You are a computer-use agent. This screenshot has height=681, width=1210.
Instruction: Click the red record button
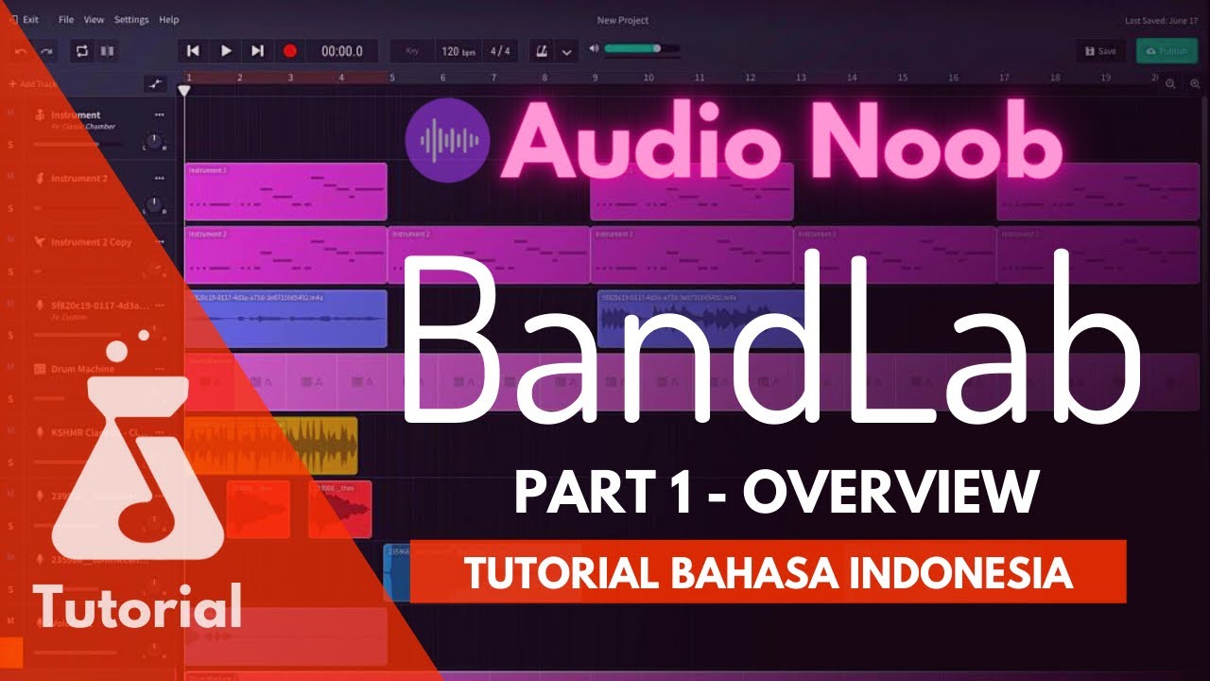pyautogui.click(x=290, y=51)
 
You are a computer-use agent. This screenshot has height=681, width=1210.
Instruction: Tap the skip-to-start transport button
pyautogui.click(x=193, y=51)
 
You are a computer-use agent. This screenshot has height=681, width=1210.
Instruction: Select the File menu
pyautogui.click(x=66, y=20)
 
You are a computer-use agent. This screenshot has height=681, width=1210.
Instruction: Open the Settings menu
pyautogui.click(x=131, y=20)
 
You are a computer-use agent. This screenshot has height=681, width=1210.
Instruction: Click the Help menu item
pyautogui.click(x=168, y=20)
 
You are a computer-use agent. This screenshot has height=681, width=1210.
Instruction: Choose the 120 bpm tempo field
pyautogui.click(x=458, y=51)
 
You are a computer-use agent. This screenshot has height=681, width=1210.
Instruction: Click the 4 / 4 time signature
pyautogui.click(x=500, y=51)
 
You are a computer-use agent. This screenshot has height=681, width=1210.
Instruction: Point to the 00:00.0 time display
pyautogui.click(x=342, y=51)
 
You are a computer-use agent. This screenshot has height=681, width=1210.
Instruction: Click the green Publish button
pyautogui.click(x=1167, y=51)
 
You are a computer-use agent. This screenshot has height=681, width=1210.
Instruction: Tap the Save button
pyautogui.click(x=1100, y=51)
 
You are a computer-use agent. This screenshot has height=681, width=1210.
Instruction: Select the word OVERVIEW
pyautogui.click(x=890, y=492)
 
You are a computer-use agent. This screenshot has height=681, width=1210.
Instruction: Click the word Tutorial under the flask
pyautogui.click(x=138, y=605)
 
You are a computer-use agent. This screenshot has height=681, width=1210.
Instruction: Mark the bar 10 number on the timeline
pyautogui.click(x=648, y=78)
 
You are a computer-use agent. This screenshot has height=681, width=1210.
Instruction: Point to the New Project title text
pyautogui.click(x=623, y=20)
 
